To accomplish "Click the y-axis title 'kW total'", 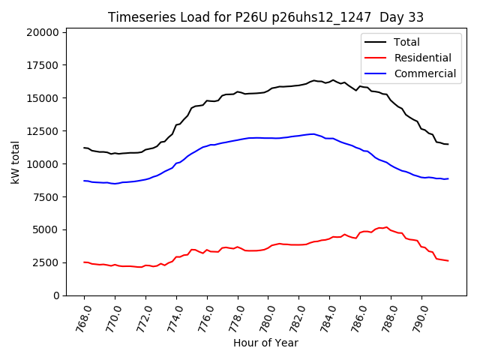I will click(16, 163).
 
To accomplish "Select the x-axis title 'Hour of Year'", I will click(265, 343).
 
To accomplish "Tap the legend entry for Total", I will click(407, 42).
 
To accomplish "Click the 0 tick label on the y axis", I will click(57, 295).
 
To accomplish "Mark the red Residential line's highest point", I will click(387, 226).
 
